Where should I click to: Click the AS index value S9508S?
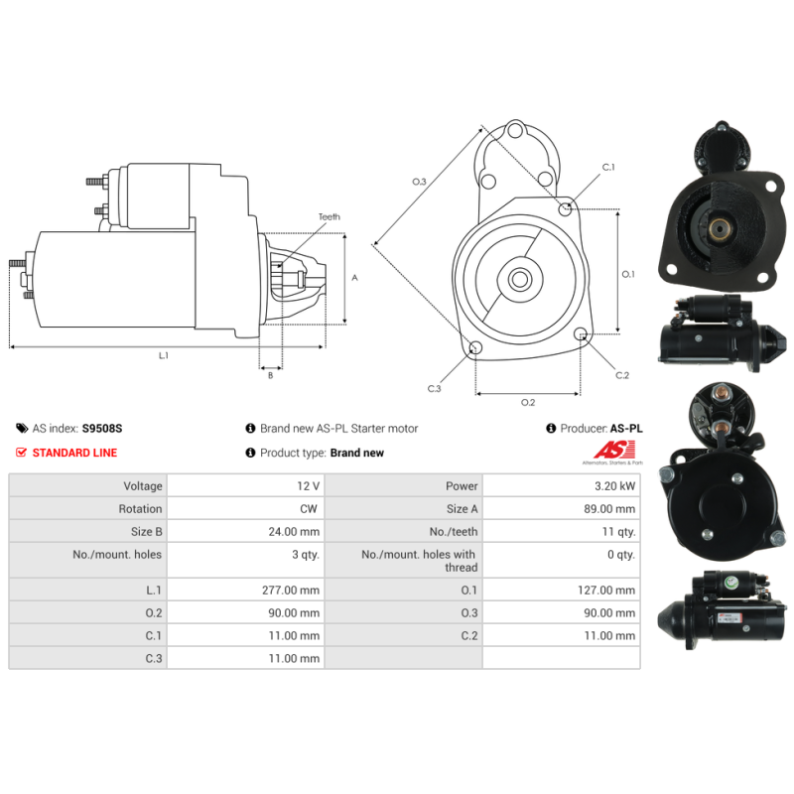(x=102, y=429)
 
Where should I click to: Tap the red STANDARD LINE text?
(x=74, y=453)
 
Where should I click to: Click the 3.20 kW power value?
(x=614, y=486)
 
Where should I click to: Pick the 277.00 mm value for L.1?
(x=291, y=590)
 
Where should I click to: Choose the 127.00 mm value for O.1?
(x=606, y=590)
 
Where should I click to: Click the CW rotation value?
(x=309, y=509)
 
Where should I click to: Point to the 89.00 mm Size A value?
(x=609, y=509)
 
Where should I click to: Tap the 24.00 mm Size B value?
(x=294, y=532)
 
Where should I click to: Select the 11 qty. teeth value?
(x=618, y=532)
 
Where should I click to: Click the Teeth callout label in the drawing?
(x=330, y=216)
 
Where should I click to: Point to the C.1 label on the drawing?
(x=608, y=167)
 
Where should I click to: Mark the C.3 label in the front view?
(x=434, y=388)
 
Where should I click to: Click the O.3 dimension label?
(x=419, y=182)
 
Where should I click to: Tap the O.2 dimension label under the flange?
(x=528, y=402)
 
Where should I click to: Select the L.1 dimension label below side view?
(x=163, y=355)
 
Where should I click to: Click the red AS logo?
(x=613, y=450)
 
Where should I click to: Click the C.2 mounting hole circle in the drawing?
(x=581, y=333)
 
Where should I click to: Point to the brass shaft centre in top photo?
(x=718, y=229)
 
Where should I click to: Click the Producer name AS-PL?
(x=626, y=429)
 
